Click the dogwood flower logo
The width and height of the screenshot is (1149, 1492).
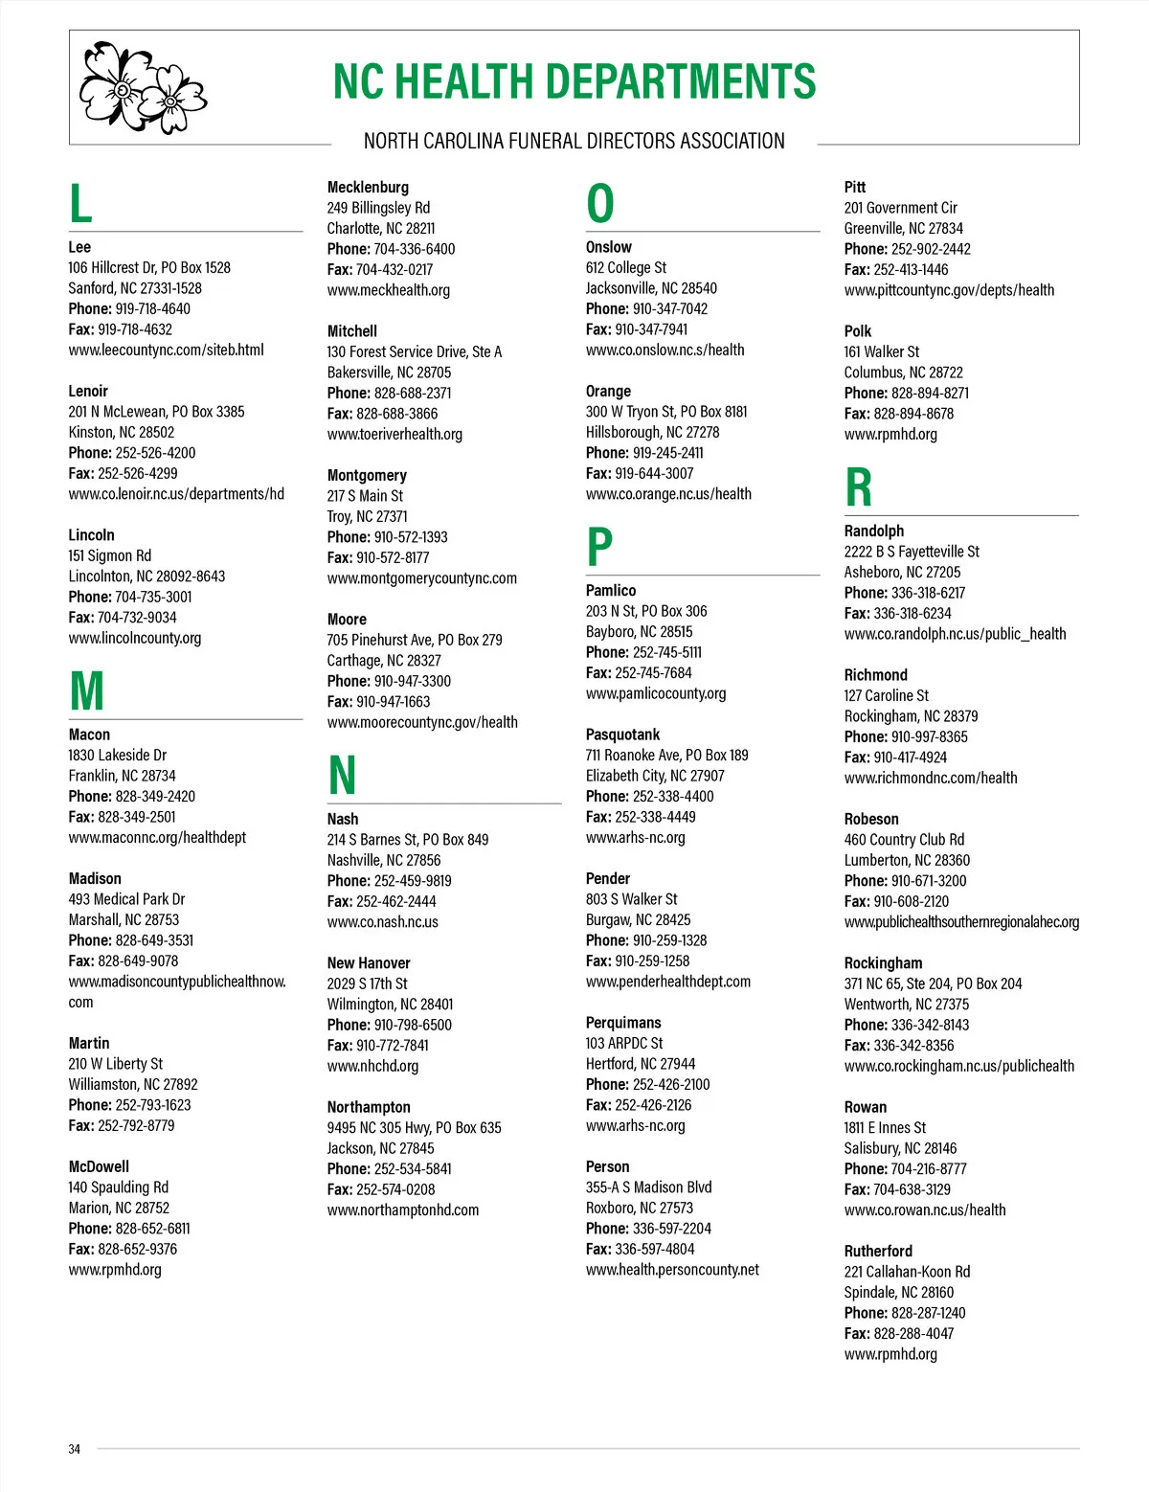tap(142, 87)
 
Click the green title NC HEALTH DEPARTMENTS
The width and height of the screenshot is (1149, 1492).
tap(574, 82)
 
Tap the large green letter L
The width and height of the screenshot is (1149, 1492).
tap(80, 204)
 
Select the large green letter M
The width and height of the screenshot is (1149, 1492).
tap(87, 690)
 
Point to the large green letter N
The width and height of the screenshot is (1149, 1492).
tap(342, 776)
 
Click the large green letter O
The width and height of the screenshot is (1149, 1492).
tap(600, 204)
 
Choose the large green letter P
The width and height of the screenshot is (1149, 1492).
tap(599, 548)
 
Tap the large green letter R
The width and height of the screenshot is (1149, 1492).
tap(859, 487)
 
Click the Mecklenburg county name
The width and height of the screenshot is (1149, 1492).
tap(368, 187)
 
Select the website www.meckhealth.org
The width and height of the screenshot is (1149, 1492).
tap(389, 290)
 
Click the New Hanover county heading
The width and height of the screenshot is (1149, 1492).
tap(369, 962)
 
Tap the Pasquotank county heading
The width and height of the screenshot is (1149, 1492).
tap(622, 735)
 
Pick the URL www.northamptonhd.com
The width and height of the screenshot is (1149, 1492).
tap(403, 1209)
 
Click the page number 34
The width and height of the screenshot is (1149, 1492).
tap(75, 1449)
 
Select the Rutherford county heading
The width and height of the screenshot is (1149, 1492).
tap(878, 1251)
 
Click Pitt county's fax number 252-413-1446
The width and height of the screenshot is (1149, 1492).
tap(911, 269)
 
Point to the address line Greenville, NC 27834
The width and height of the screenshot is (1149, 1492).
tap(903, 228)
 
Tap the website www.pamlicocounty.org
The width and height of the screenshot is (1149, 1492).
tap(656, 693)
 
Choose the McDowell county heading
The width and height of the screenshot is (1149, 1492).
tap(99, 1166)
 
